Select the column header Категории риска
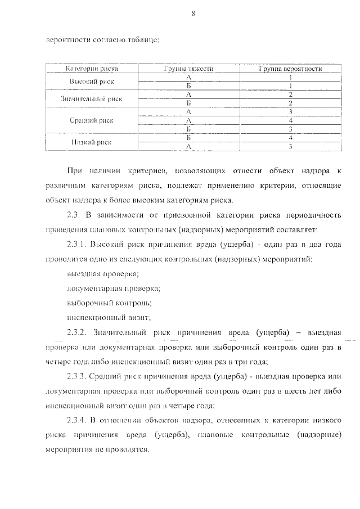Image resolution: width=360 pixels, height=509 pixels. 91,69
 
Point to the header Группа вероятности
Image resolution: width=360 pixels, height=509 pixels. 290,69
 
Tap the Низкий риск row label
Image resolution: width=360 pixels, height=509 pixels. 92,142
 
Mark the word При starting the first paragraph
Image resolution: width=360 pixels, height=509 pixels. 74,169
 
